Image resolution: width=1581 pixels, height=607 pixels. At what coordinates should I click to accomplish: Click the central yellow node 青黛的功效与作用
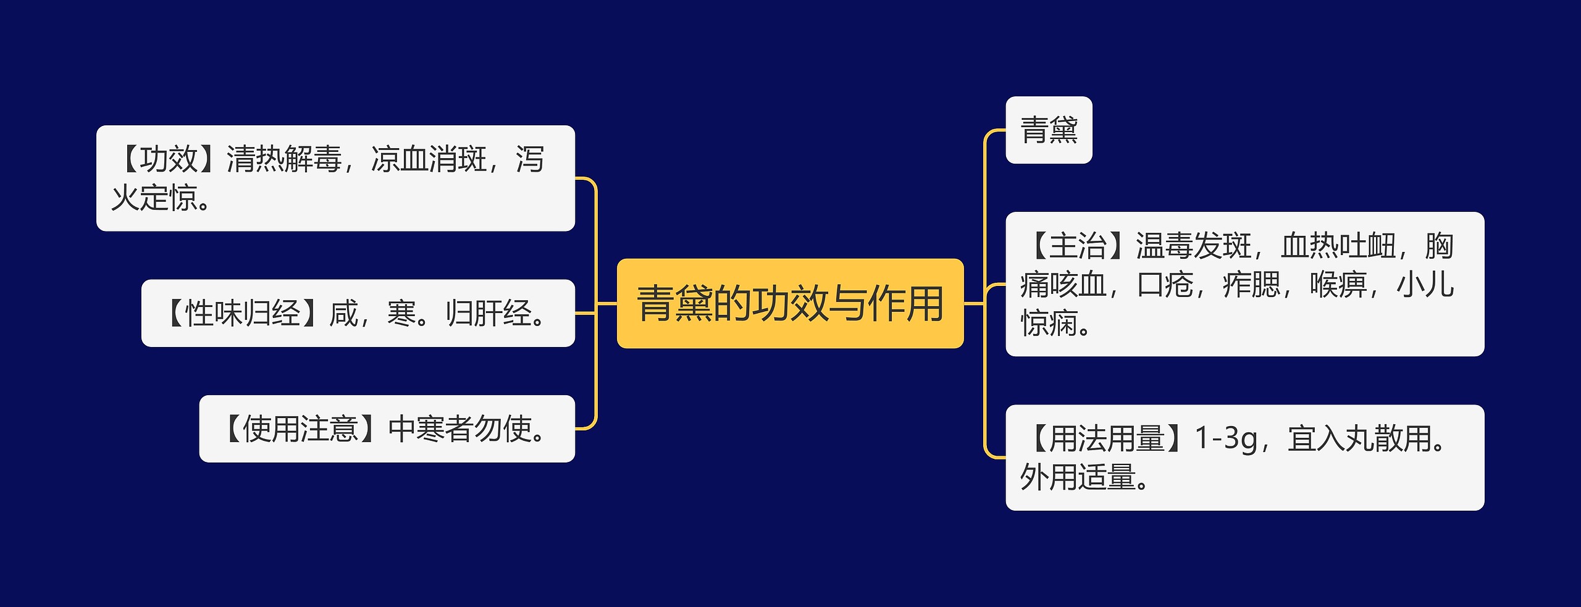click(x=790, y=304)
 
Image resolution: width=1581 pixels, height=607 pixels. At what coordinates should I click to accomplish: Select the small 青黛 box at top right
click(x=1049, y=130)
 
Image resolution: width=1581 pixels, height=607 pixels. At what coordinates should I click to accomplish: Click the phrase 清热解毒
click(x=283, y=159)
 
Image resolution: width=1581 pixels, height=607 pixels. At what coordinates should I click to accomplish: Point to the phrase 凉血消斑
click(x=429, y=159)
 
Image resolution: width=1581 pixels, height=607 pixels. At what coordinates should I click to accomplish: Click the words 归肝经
click(x=489, y=313)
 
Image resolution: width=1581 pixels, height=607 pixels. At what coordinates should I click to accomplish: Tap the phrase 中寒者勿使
click(x=460, y=429)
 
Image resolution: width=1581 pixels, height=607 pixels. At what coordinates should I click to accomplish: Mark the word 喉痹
click(x=1338, y=285)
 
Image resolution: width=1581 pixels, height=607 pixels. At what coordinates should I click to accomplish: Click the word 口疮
click(x=1165, y=285)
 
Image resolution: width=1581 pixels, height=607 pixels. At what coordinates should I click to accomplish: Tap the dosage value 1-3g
click(x=1226, y=438)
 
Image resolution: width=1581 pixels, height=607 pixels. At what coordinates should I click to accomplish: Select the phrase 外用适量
click(x=1078, y=477)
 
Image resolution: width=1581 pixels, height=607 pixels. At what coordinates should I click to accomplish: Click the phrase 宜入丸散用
click(x=1359, y=438)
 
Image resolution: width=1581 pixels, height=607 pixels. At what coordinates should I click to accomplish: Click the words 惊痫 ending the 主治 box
click(x=1049, y=324)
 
